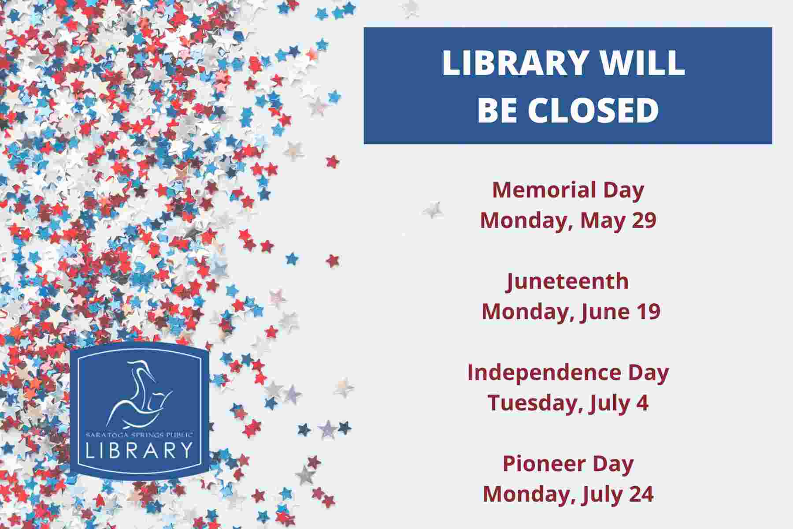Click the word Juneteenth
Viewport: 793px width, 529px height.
click(x=567, y=282)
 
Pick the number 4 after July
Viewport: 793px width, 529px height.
click(x=643, y=403)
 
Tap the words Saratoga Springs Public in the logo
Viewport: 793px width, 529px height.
click(x=139, y=435)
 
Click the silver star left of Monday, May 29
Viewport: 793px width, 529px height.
click(x=433, y=209)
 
